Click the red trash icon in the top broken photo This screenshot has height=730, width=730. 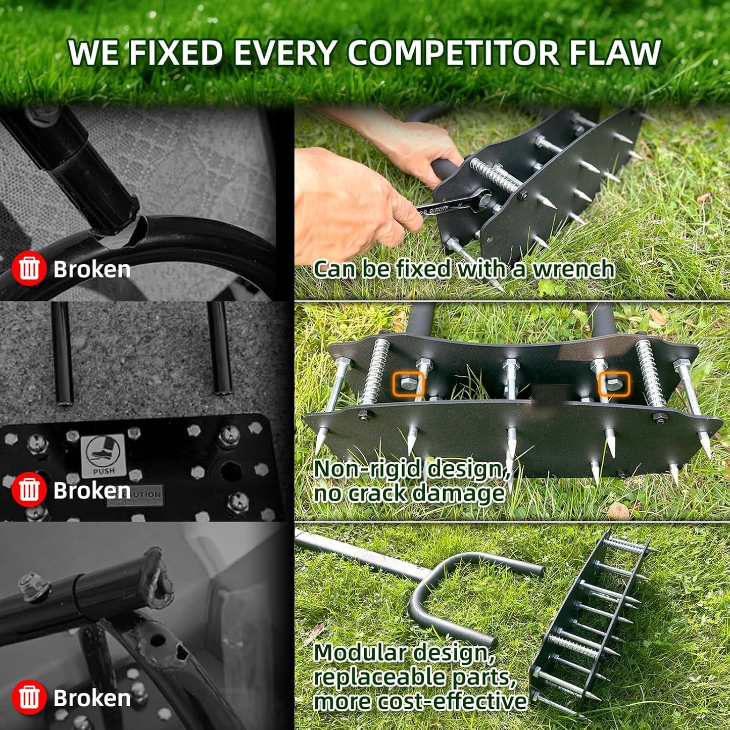(x=29, y=269)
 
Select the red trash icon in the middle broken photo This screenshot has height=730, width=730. (x=29, y=490)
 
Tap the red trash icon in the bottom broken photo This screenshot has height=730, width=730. (x=29, y=697)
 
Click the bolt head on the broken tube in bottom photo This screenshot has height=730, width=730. (x=33, y=586)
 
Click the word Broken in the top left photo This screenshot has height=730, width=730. (x=92, y=269)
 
